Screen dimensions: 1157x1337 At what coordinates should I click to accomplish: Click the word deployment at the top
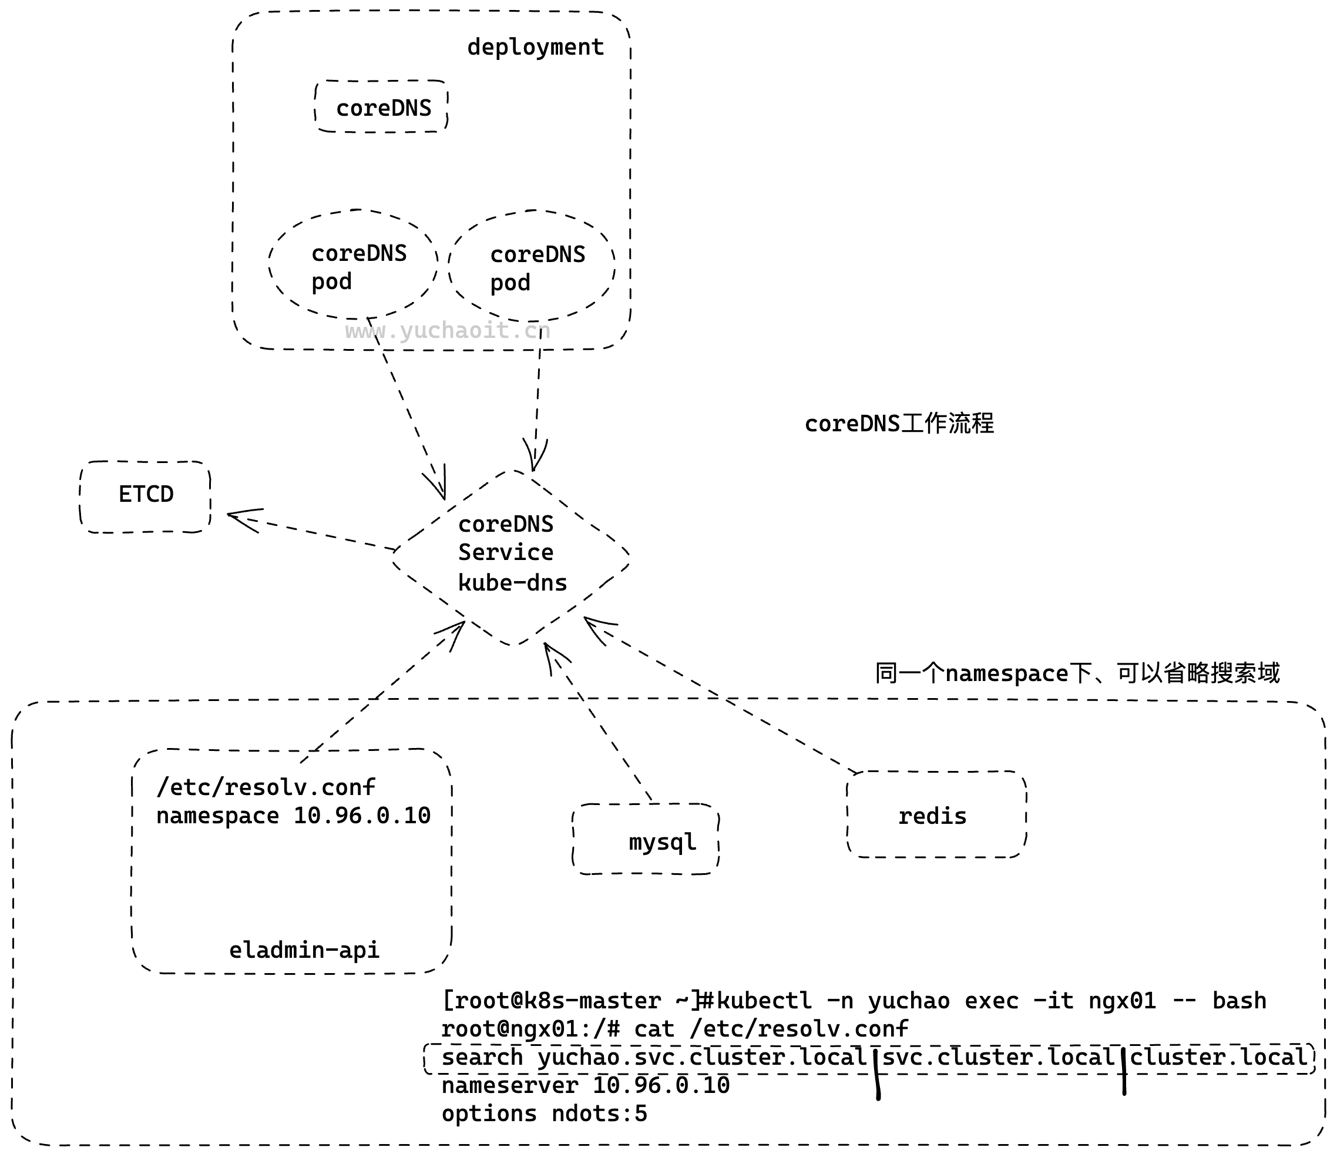click(535, 47)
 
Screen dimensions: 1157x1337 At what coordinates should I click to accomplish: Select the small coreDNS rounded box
click(383, 107)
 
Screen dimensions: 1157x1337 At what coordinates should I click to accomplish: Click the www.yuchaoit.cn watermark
click(448, 331)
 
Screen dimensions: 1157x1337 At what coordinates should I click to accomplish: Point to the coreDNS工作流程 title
click(899, 424)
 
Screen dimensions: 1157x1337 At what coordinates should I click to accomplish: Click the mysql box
click(646, 841)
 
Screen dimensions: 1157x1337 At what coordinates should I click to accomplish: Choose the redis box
click(936, 816)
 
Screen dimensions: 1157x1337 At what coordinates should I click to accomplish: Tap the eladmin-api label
click(304, 950)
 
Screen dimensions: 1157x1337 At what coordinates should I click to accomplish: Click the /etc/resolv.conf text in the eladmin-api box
click(266, 787)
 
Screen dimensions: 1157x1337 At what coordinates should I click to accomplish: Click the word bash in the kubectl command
click(1239, 1000)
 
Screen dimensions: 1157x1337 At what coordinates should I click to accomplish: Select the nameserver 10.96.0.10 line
click(585, 1085)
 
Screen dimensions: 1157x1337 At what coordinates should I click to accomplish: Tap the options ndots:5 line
click(543, 1114)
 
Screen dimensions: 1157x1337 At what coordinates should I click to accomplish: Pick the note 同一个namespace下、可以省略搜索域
click(1077, 673)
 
